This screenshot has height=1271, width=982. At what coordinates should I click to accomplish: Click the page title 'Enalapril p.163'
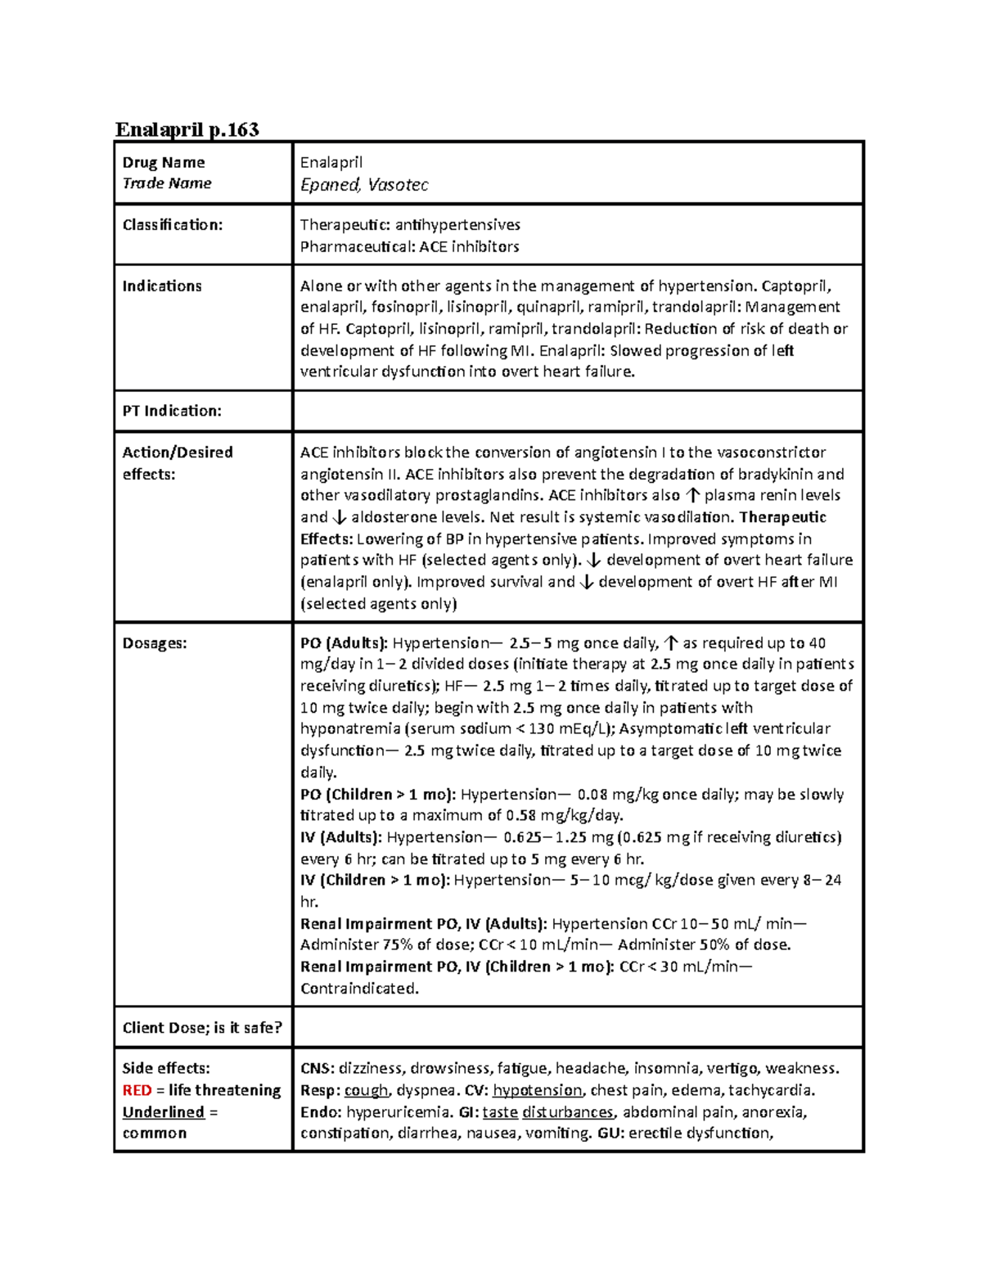click(187, 129)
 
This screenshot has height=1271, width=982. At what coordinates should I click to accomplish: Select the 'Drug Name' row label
click(163, 162)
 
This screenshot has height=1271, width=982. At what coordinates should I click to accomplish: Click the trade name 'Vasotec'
click(398, 185)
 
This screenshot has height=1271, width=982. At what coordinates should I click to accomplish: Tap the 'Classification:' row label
click(172, 224)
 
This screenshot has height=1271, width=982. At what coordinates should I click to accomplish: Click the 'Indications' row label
click(162, 286)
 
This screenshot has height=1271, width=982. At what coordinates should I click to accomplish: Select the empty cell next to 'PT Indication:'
click(577, 411)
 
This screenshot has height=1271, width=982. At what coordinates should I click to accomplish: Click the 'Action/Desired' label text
click(178, 452)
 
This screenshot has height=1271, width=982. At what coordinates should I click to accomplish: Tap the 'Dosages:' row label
click(155, 642)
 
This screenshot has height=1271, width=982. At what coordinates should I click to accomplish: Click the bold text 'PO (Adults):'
click(344, 642)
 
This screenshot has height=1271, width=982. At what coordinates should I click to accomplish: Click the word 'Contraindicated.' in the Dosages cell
click(359, 988)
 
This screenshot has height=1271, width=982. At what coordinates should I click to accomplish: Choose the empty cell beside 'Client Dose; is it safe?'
click(577, 1027)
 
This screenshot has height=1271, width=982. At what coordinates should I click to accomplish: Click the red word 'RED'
click(137, 1090)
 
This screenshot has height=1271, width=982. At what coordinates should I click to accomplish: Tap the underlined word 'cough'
click(366, 1090)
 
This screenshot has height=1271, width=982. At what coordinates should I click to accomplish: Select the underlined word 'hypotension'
click(537, 1090)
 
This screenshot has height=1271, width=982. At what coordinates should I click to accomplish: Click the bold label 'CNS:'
click(317, 1068)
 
